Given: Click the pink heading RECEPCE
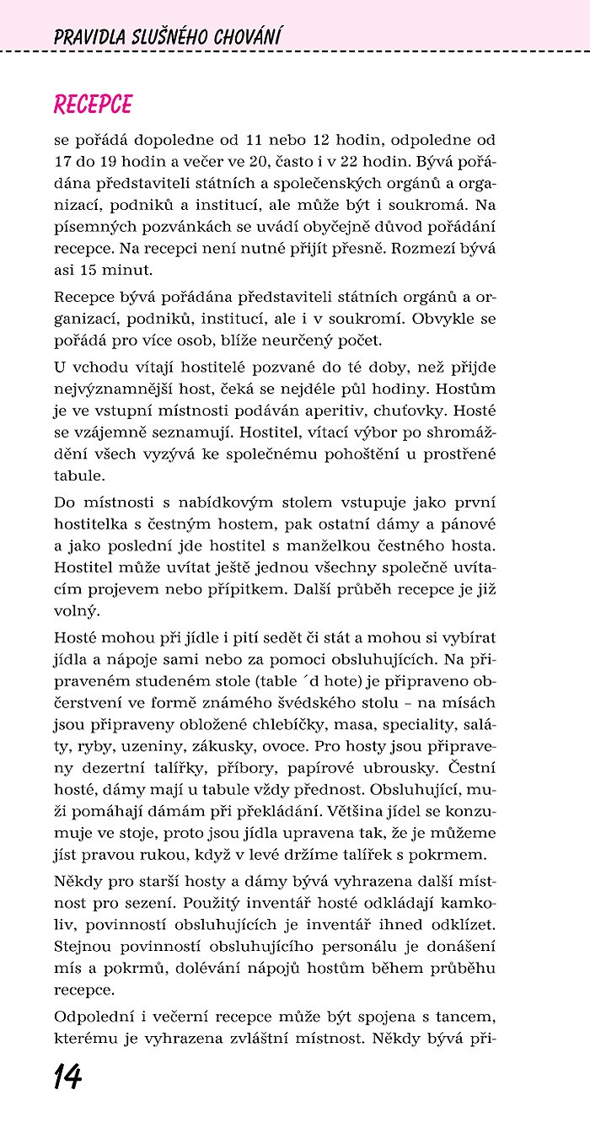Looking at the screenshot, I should click(x=93, y=104).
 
